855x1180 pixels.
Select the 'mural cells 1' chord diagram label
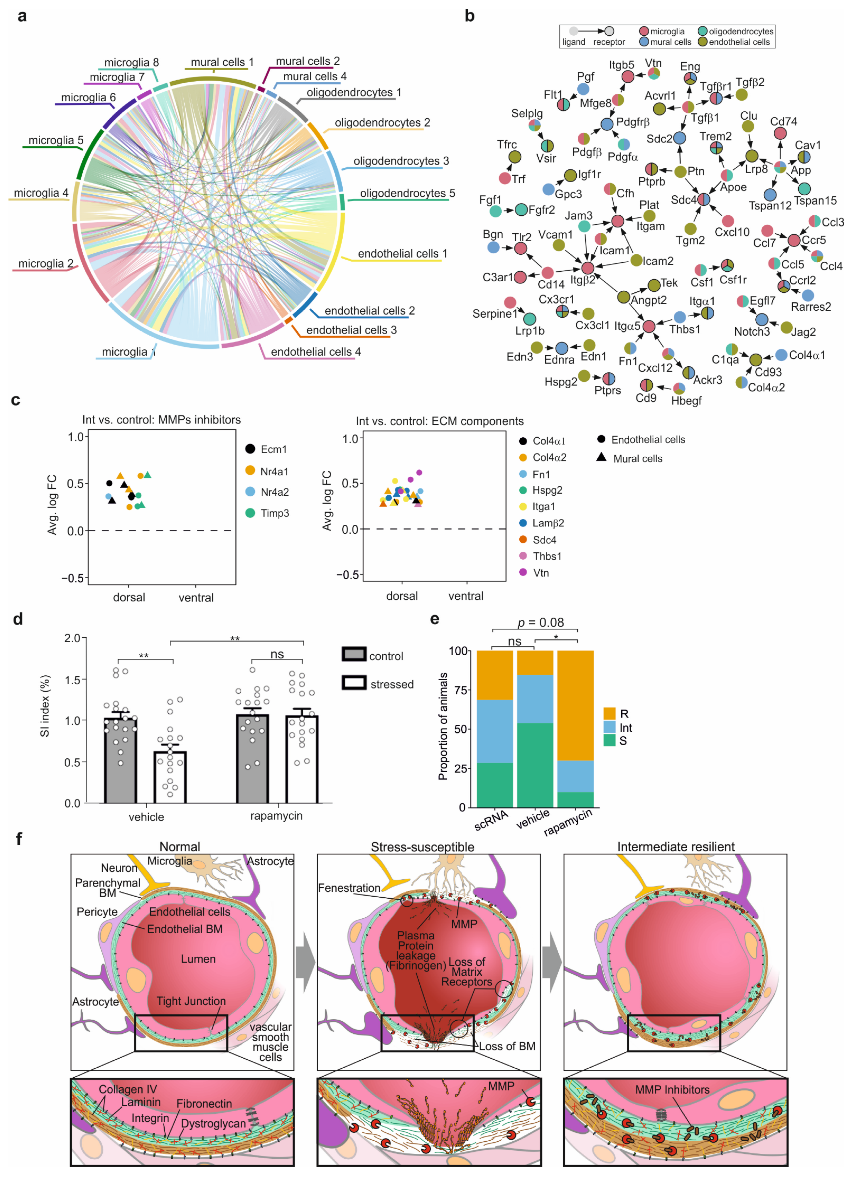[222, 63]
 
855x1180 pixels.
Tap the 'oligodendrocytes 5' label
[407, 193]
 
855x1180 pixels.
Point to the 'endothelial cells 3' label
[351, 330]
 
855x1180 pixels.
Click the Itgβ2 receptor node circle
[588, 268]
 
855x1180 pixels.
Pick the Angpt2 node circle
[623, 297]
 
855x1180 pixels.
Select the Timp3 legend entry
[274, 513]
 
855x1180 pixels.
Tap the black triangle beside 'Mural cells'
[602, 457]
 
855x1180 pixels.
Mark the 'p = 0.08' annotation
[541, 623]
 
